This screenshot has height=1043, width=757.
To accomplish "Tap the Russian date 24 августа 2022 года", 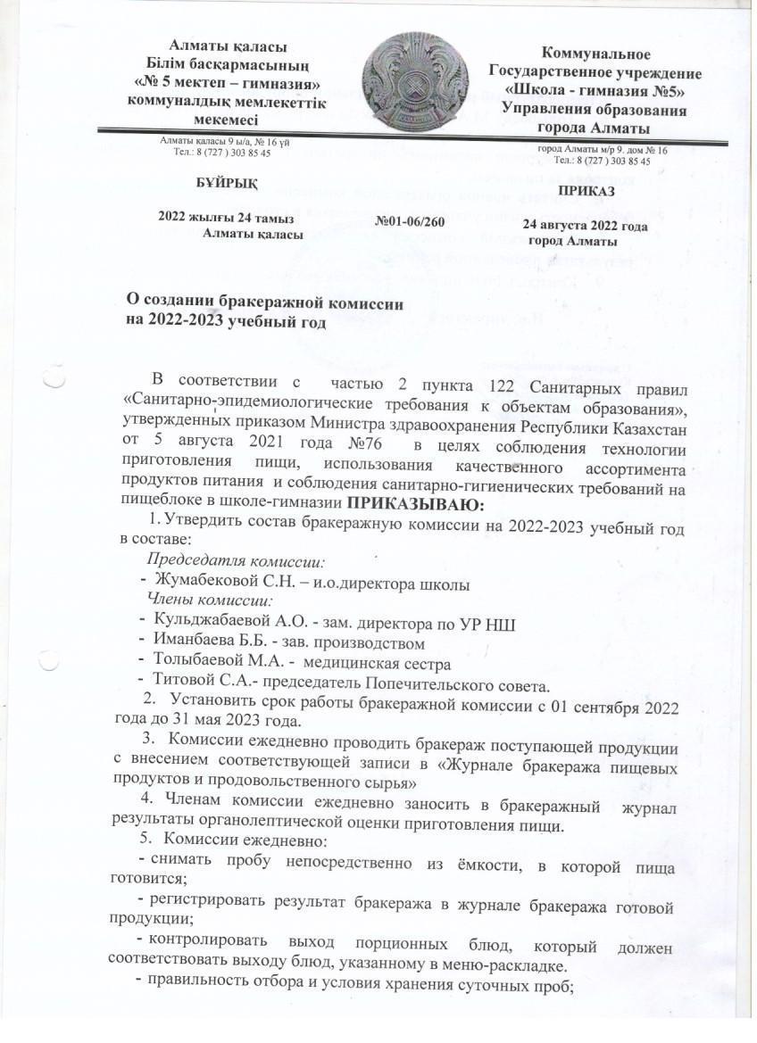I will coord(585,226).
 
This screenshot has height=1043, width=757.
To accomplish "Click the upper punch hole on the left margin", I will coord(54,380).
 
